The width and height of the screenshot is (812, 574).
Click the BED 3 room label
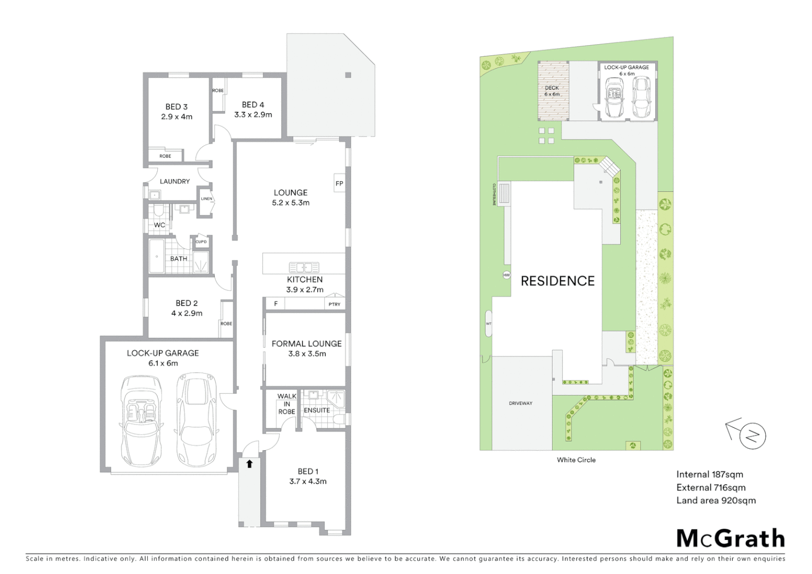(x=176, y=107)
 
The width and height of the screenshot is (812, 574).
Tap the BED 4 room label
(x=253, y=105)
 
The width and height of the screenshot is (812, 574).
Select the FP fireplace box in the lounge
(x=339, y=183)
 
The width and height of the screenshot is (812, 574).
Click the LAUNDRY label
(x=175, y=181)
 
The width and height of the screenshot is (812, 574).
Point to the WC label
(x=159, y=225)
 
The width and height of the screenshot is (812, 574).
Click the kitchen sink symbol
(x=303, y=267)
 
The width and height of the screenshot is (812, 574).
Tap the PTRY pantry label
(x=334, y=304)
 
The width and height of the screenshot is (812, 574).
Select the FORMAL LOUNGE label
(x=307, y=344)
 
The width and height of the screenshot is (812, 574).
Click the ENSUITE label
(x=317, y=410)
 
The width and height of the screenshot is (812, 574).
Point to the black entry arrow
(x=249, y=464)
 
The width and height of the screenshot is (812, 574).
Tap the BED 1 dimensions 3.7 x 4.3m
(x=308, y=482)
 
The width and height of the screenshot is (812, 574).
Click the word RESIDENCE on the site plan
(x=557, y=281)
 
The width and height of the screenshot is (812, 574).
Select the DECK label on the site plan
(x=552, y=88)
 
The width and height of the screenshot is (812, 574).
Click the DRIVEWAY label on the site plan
(x=520, y=403)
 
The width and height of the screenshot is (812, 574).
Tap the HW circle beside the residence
(x=506, y=275)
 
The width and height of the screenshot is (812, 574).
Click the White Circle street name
(x=576, y=460)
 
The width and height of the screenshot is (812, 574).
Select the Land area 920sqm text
(x=716, y=500)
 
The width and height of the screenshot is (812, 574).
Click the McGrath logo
(x=731, y=538)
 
